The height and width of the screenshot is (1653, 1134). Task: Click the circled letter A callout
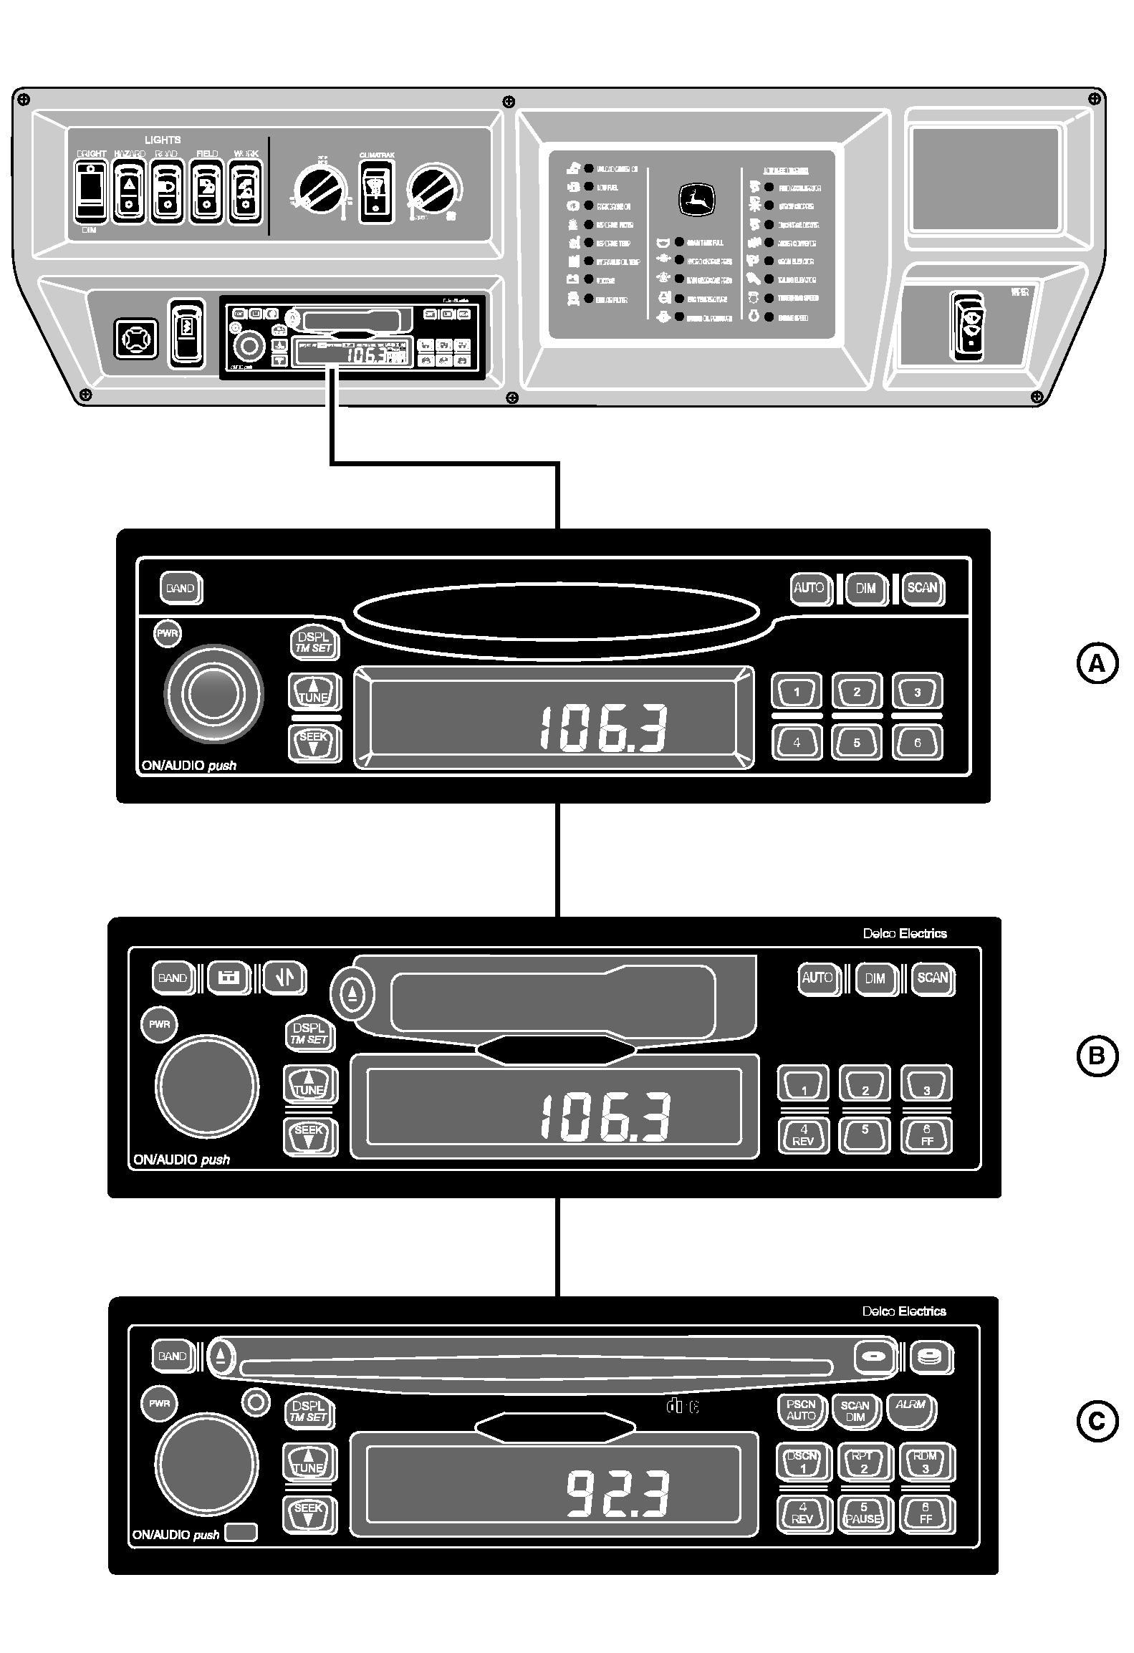click(x=1097, y=665)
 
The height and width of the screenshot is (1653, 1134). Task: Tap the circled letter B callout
click(x=1097, y=1056)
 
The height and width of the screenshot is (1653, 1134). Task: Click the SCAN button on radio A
click(x=922, y=589)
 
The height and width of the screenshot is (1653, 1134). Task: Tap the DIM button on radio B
click(x=875, y=978)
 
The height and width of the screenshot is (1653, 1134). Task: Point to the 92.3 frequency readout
click(x=618, y=1493)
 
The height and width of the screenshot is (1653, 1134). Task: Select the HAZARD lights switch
click(x=130, y=191)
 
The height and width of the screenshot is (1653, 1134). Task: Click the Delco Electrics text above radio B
click(x=904, y=933)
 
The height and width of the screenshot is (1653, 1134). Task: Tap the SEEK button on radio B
click(x=309, y=1135)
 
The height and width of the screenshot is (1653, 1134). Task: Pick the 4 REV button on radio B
click(x=803, y=1135)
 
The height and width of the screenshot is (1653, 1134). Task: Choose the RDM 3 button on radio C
click(x=925, y=1462)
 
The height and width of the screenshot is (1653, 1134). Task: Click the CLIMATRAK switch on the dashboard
click(x=376, y=191)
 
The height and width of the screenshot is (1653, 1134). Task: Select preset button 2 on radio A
click(x=857, y=692)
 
